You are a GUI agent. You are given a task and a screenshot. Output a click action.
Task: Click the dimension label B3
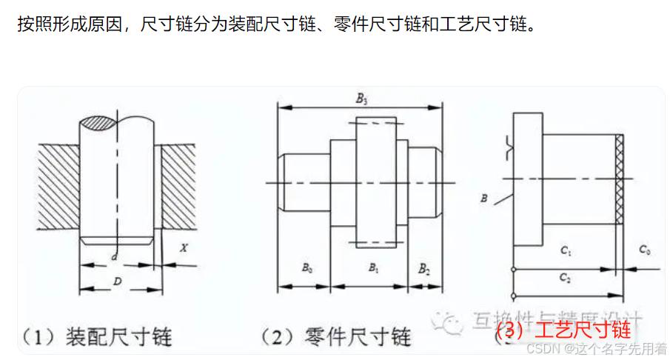[x=361, y=98]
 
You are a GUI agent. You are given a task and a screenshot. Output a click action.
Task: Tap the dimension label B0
[x=306, y=267]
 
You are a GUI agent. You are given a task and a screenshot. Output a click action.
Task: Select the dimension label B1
[x=373, y=267]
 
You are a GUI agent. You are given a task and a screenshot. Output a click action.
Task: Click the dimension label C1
[x=566, y=252]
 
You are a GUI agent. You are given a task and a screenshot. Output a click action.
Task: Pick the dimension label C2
[x=566, y=278]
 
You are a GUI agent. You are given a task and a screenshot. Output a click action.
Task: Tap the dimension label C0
[x=644, y=251]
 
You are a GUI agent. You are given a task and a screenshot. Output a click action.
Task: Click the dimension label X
[x=183, y=247]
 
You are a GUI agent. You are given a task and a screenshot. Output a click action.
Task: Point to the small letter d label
[x=114, y=256]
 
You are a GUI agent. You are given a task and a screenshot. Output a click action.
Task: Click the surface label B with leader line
[x=483, y=198]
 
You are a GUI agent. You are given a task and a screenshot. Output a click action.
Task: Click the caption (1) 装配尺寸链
[x=96, y=338]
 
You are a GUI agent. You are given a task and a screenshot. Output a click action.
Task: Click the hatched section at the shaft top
[x=97, y=123]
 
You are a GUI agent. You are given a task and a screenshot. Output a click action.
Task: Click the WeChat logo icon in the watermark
[x=449, y=321]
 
